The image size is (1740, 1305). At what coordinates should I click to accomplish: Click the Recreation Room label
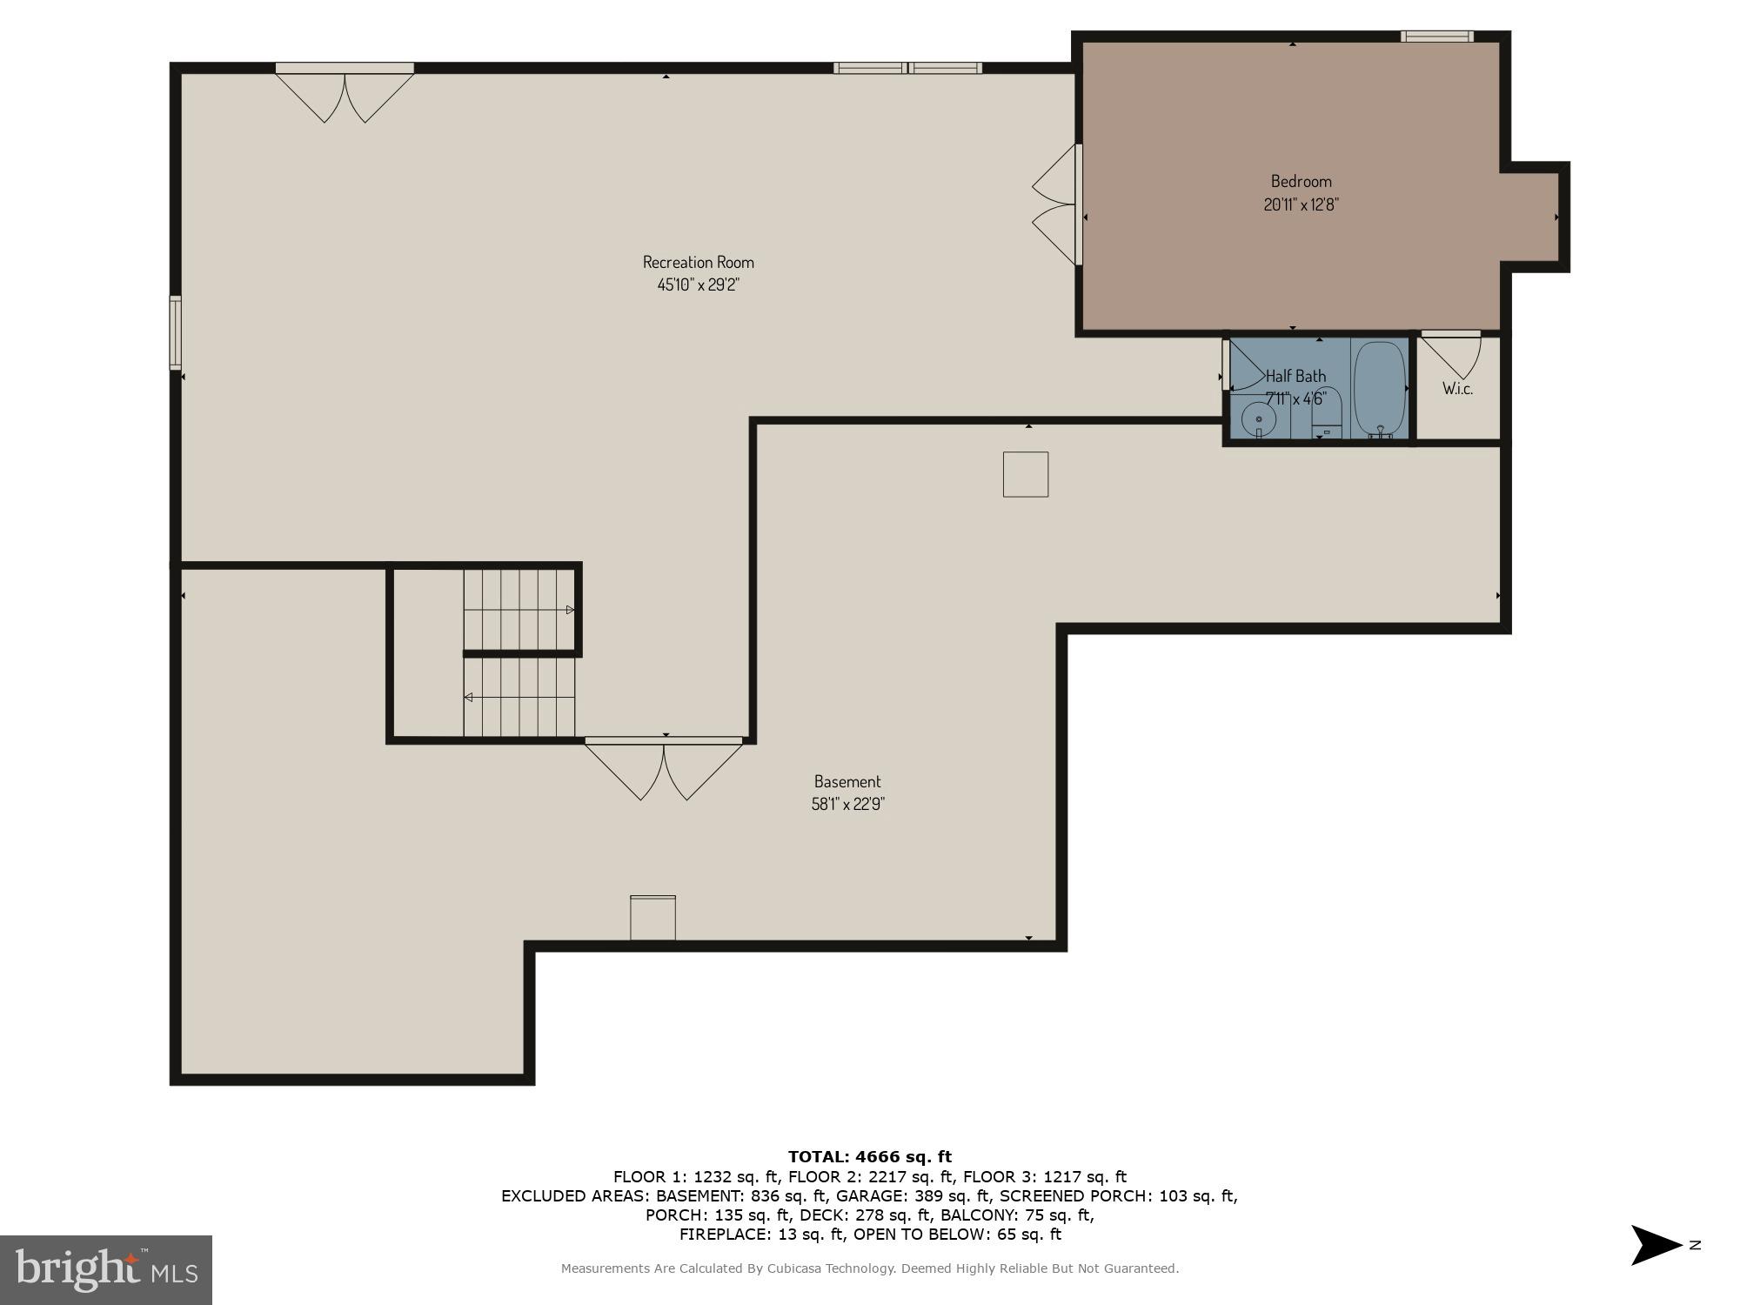(x=698, y=262)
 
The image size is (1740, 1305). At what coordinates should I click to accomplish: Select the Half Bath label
(x=1295, y=376)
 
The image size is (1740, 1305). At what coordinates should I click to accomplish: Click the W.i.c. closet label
(x=1457, y=389)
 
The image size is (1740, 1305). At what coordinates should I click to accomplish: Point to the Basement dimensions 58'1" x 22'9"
(x=847, y=804)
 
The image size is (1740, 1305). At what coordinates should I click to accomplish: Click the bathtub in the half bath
(x=1380, y=388)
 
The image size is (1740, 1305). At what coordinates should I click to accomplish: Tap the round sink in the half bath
(x=1258, y=419)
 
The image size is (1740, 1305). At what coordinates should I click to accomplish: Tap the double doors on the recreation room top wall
(x=345, y=94)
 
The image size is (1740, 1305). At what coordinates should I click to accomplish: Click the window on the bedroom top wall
(x=1436, y=37)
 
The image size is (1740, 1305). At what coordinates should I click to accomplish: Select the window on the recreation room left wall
(x=175, y=332)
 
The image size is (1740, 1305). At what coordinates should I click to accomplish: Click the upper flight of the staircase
(x=519, y=609)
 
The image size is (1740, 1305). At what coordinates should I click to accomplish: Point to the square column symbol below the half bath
(x=1025, y=474)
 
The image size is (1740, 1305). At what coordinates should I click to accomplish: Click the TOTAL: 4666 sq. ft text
(x=869, y=1156)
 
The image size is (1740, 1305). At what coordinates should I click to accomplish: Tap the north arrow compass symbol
(x=1656, y=1245)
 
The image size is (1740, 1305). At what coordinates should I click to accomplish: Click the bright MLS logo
(x=105, y=1269)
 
